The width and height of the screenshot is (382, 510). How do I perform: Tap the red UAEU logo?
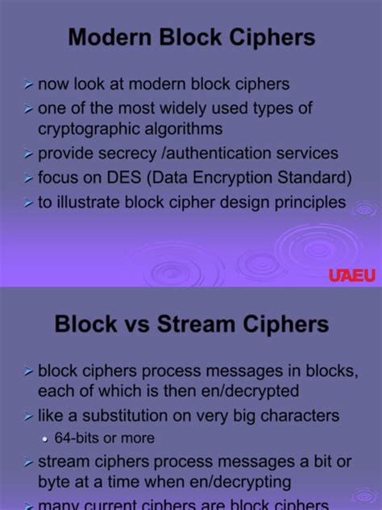(352, 275)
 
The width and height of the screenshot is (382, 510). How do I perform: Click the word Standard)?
(307, 178)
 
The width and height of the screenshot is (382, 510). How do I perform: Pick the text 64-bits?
(77, 439)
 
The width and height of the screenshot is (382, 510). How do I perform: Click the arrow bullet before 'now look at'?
(28, 84)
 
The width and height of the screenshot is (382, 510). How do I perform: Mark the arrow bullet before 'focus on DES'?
(28, 178)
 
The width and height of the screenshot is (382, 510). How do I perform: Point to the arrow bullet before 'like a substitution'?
(28, 417)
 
